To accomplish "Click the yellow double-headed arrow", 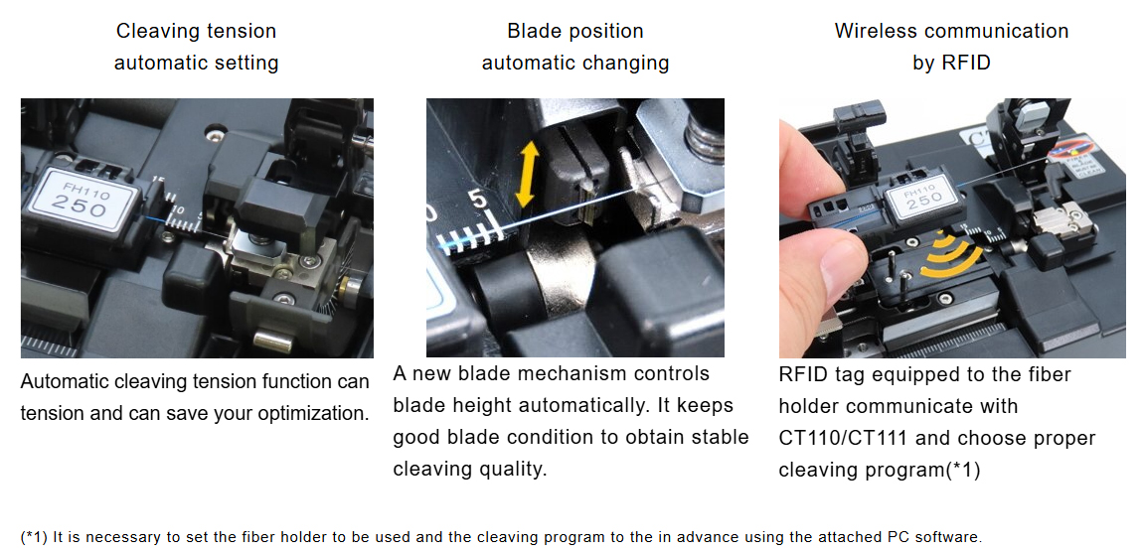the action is (527, 174).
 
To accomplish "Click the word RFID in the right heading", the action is (966, 63).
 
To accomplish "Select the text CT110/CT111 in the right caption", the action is (843, 439).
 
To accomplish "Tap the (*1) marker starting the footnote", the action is (34, 538).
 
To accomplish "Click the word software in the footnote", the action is (946, 538).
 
